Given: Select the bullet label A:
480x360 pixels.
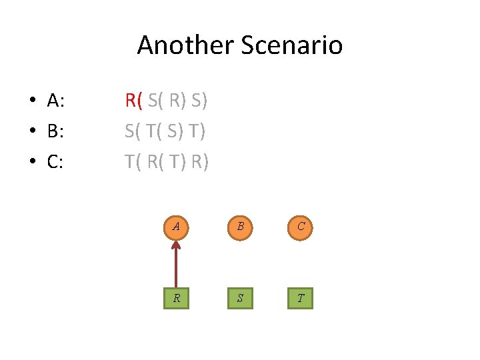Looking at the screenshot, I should tap(55, 101).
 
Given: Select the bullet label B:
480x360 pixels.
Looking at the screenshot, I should tap(55, 131).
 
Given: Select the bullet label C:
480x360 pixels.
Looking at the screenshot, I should tap(55, 162).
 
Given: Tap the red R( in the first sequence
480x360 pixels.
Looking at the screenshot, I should tap(134, 101).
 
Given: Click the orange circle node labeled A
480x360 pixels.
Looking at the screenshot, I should tap(176, 227).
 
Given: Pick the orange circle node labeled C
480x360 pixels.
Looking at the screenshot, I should tap(301, 227).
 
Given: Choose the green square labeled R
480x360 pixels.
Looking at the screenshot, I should tap(176, 298).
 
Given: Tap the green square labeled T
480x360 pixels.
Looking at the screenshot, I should tap(301, 298).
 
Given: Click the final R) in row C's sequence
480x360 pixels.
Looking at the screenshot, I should tap(199, 162).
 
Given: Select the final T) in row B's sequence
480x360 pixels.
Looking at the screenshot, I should tap(196, 131).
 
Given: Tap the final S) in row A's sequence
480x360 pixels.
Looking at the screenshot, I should tap(199, 101).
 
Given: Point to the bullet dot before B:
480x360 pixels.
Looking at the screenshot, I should tap(31, 132).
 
